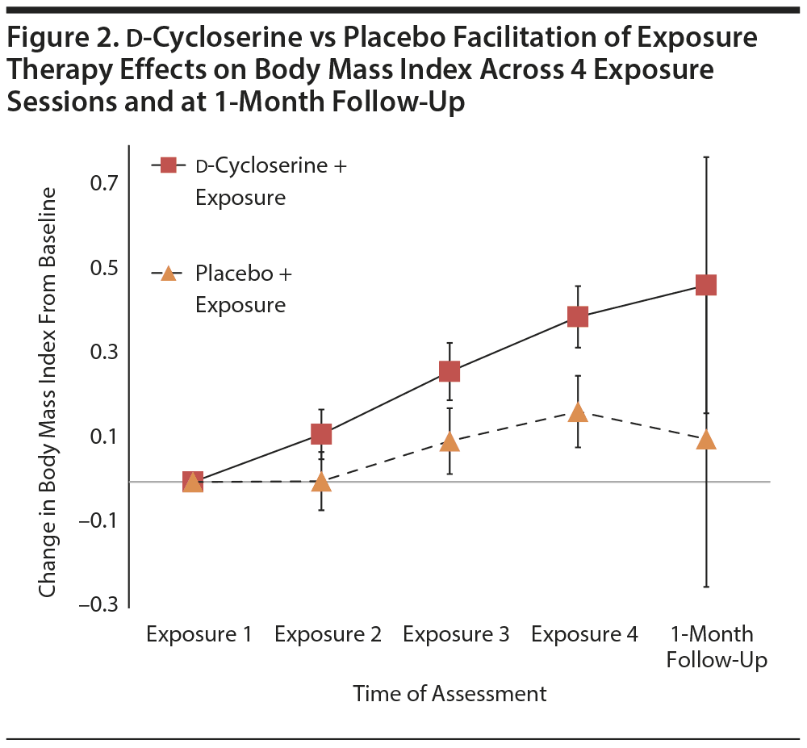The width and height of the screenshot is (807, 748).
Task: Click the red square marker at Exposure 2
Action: coord(321,434)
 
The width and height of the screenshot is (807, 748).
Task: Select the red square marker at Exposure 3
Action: coord(449,371)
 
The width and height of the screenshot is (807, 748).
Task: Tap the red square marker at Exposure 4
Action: coord(578,316)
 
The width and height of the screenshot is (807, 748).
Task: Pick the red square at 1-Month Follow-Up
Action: coord(706,285)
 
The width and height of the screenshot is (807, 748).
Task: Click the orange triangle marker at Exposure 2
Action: coord(321,483)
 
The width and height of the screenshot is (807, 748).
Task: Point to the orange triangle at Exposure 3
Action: coord(449,442)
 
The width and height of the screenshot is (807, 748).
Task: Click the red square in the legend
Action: coord(169,165)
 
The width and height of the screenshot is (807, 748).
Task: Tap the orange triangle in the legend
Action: coord(169,274)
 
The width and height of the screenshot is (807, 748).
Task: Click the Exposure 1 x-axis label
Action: coord(199,635)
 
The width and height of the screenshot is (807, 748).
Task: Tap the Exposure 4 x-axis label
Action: coord(584,635)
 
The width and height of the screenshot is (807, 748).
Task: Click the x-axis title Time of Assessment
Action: coord(449,694)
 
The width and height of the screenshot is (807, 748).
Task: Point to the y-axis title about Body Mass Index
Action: coord(48,392)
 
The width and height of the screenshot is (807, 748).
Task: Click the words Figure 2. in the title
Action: coord(56,39)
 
